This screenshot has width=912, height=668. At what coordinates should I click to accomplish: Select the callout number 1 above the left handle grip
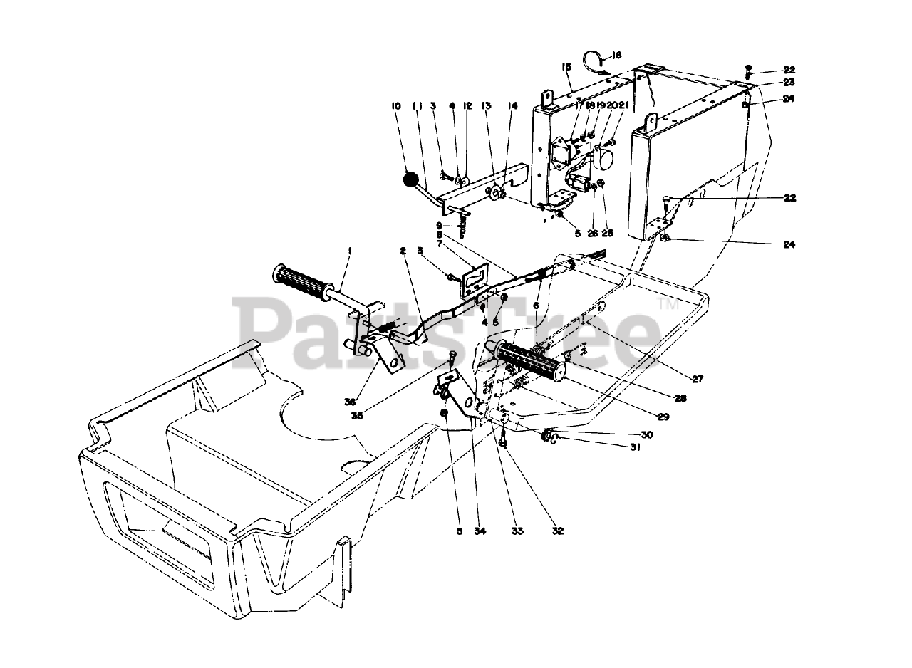click(x=350, y=251)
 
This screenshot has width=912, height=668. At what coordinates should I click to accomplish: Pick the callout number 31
click(x=634, y=447)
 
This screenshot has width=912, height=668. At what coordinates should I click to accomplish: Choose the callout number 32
click(x=557, y=531)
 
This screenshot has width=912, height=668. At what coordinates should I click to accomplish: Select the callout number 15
click(x=566, y=67)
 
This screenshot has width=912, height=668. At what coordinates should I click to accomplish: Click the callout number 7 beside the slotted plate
click(x=440, y=244)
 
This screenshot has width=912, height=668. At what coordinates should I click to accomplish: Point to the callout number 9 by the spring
click(x=440, y=225)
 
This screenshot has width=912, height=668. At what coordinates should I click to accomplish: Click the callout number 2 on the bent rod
click(x=403, y=251)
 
